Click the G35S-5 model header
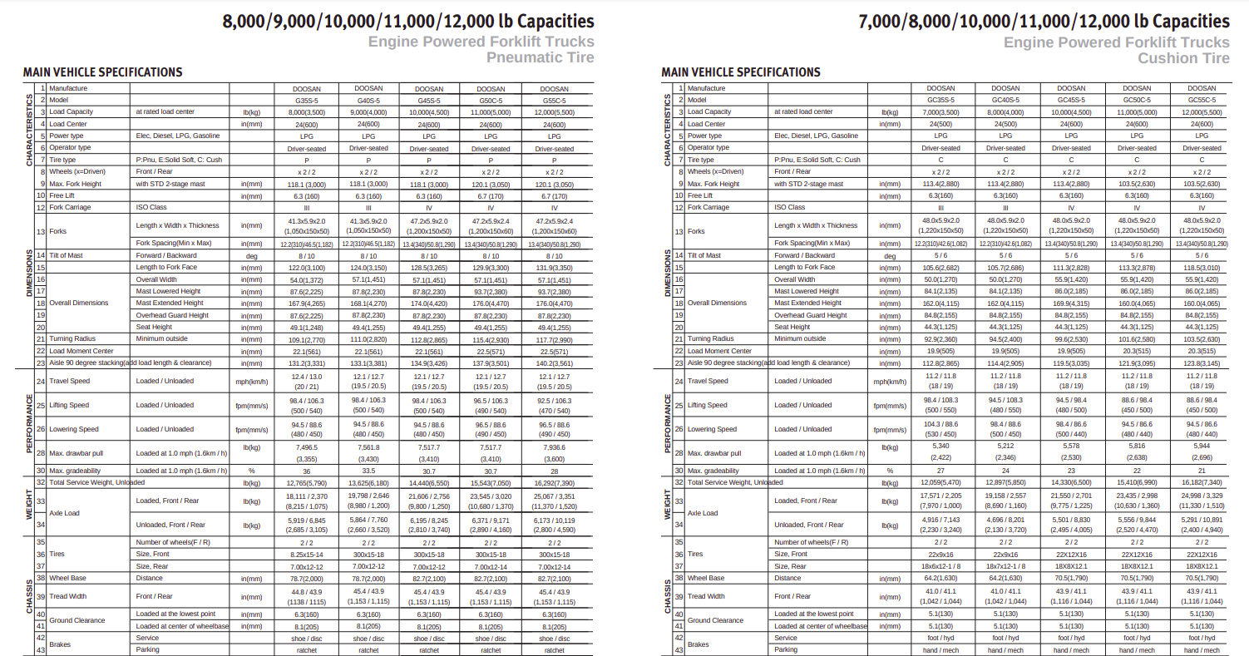[x=307, y=100]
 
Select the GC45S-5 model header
[x=1071, y=100]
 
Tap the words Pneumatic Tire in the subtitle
[x=541, y=57]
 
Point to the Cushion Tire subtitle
[x=1183, y=58]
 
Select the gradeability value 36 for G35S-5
[x=307, y=471]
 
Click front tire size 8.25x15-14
[x=307, y=554]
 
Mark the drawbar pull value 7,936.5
[x=554, y=446]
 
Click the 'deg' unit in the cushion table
[x=890, y=256]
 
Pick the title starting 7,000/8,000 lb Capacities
[x=1044, y=22]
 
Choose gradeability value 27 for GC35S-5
[x=940, y=471]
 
